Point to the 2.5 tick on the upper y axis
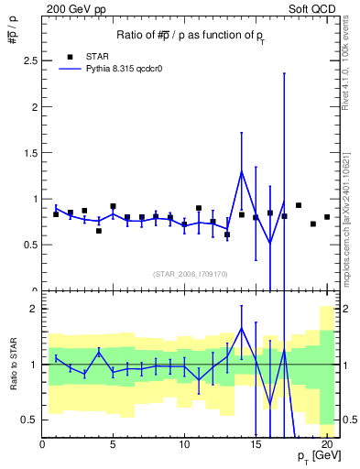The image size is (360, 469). [x=29, y=60]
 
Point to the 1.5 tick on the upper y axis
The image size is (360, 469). [x=29, y=153]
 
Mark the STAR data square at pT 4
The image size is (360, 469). [x=99, y=231]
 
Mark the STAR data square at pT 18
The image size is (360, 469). [x=299, y=205]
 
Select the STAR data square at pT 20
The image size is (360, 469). [x=327, y=217]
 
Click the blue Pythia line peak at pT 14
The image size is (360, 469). [x=242, y=171]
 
